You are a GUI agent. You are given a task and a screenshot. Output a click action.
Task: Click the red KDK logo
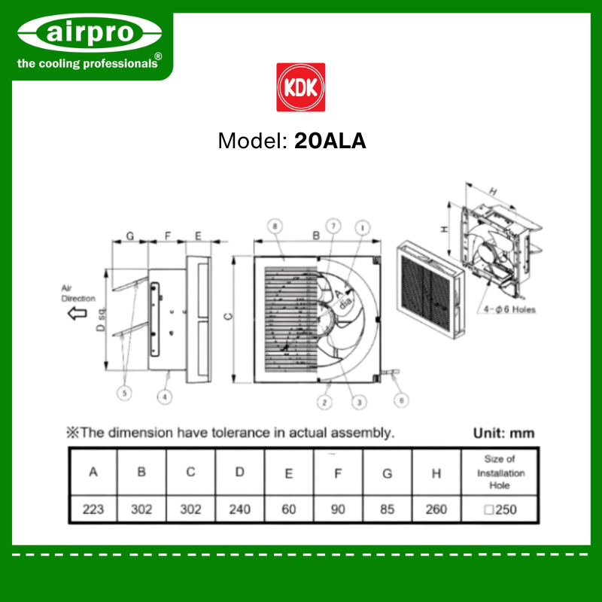point(300,87)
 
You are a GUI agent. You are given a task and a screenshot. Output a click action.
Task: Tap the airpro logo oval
point(90,33)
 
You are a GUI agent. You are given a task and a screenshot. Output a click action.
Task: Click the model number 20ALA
point(330,141)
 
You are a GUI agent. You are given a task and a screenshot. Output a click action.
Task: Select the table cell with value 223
point(93,509)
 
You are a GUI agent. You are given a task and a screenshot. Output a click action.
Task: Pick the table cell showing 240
point(239,509)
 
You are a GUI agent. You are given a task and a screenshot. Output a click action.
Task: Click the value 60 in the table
point(289,509)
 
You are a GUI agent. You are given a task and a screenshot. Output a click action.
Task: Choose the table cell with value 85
point(387,509)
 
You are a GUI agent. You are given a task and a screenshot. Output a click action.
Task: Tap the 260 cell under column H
point(436,509)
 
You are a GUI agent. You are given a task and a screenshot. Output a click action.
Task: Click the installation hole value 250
point(500,509)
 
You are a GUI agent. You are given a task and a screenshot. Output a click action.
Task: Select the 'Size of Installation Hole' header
point(500,472)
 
